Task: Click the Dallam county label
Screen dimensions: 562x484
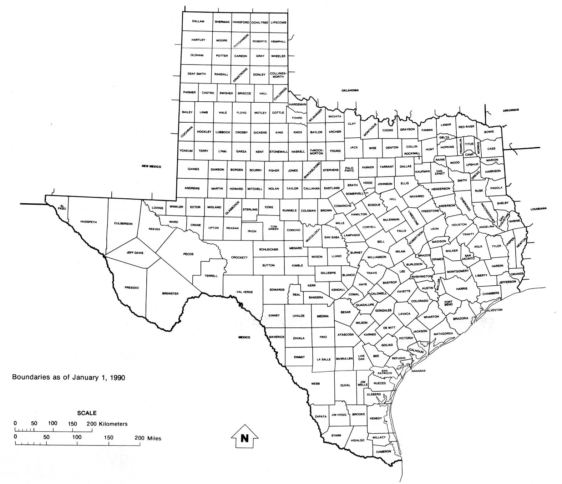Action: [198, 21]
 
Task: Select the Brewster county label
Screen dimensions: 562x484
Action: [170, 294]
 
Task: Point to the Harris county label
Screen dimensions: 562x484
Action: [461, 289]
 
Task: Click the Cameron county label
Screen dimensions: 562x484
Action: [384, 451]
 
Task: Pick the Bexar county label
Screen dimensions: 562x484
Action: [345, 312]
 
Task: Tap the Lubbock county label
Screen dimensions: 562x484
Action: [223, 132]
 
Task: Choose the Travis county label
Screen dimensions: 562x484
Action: [371, 273]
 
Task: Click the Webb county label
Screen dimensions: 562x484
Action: [315, 383]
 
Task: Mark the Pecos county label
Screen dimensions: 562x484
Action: [188, 254]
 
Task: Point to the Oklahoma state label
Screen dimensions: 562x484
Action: [350, 90]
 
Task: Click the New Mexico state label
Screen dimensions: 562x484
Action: [151, 167]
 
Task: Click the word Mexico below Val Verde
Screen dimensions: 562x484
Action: [244, 337]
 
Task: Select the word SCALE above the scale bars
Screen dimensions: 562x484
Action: [87, 413]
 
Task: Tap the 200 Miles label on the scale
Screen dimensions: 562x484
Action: [148, 438]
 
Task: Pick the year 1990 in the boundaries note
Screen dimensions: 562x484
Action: [117, 377]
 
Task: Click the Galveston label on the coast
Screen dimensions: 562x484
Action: [493, 310]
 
